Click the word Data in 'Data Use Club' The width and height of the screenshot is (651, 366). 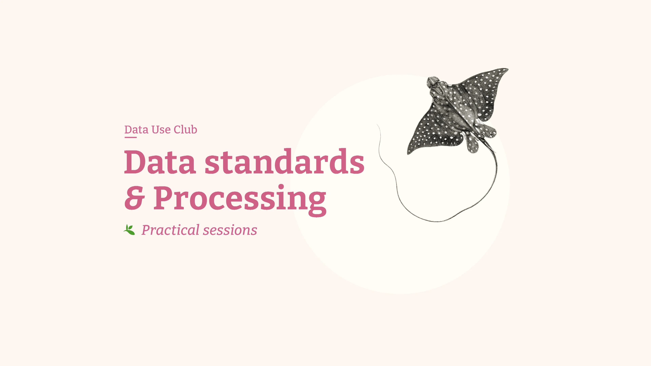[136, 130]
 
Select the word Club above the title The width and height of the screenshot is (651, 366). [185, 130]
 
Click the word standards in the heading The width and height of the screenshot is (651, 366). [284, 162]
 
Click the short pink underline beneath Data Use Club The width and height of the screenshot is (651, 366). [130, 137]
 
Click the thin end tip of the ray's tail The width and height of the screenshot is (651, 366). [377, 125]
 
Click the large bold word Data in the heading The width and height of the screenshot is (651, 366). [160, 162]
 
